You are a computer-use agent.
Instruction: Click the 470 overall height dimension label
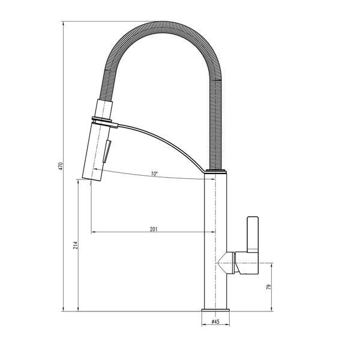pos(61,166)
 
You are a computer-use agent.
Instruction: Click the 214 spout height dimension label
pos(76,245)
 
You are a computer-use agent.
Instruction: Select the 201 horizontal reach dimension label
pos(154,229)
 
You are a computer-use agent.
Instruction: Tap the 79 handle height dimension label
pos(269,287)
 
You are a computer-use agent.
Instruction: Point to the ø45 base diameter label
pos(215,322)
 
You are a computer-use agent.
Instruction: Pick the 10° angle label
pos(154,173)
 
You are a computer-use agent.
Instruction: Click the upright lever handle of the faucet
pos(253,235)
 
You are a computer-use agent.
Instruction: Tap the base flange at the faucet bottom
pos(215,310)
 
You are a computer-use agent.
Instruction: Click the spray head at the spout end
pos(96,152)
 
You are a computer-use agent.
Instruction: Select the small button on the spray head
pos(107,151)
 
